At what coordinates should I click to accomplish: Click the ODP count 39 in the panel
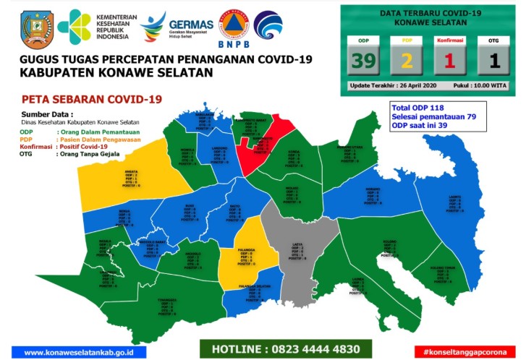point(363,61)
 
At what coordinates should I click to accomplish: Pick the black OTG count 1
point(494,61)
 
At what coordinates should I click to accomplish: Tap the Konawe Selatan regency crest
point(33,27)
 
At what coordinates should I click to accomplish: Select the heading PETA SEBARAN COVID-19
point(91,99)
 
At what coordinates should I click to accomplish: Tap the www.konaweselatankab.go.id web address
point(85,352)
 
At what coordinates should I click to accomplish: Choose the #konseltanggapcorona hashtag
point(463,351)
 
